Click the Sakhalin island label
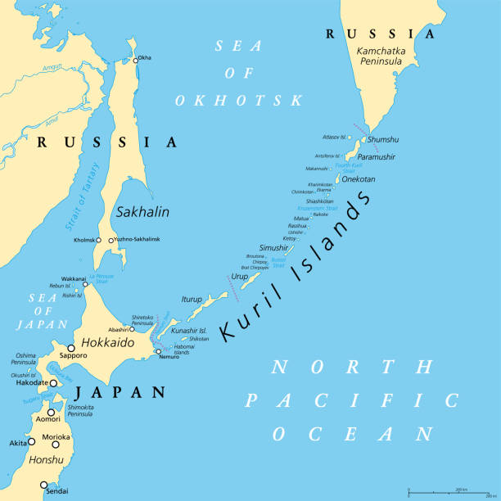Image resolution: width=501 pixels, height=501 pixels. (x=142, y=211)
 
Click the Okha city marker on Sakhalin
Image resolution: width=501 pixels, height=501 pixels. (x=137, y=59)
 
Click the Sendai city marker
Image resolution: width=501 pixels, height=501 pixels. (x=43, y=485)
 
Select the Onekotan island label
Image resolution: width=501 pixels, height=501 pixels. (x=359, y=178)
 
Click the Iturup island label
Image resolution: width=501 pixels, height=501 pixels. (x=191, y=300)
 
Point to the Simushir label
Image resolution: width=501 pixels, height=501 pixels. (x=273, y=246)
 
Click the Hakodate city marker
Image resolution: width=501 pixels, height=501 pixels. (x=53, y=382)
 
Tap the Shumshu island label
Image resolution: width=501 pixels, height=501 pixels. (x=384, y=139)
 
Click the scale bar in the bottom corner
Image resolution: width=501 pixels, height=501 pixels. (x=451, y=492)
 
